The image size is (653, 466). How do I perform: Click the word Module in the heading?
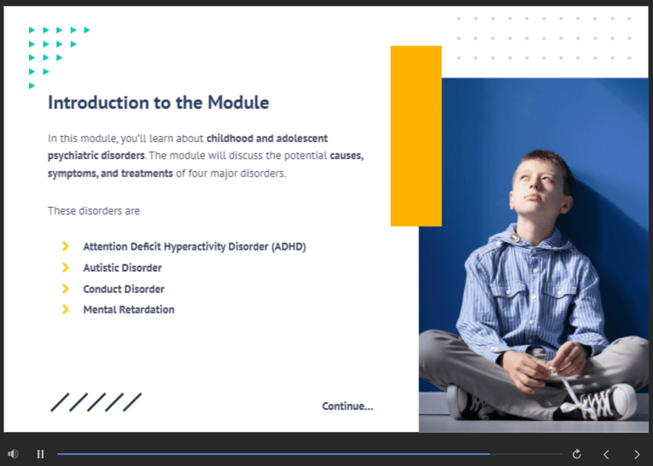(238, 103)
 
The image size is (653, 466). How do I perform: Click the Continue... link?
(347, 406)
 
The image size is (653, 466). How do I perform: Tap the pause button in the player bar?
(40, 454)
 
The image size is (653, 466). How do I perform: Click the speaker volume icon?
(13, 454)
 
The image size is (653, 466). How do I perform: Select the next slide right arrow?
(637, 454)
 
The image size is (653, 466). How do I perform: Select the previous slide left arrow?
(606, 454)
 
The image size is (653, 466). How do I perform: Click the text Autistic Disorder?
(123, 268)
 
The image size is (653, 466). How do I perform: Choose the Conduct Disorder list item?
(124, 289)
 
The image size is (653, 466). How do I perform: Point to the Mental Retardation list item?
(129, 309)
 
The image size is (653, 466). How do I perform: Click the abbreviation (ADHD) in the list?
(289, 247)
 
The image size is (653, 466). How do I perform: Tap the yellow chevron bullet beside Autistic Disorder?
(66, 268)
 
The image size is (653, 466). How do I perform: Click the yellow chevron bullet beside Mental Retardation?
(66, 309)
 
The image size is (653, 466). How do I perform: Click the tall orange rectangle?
(416, 136)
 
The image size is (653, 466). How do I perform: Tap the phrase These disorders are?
(94, 211)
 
